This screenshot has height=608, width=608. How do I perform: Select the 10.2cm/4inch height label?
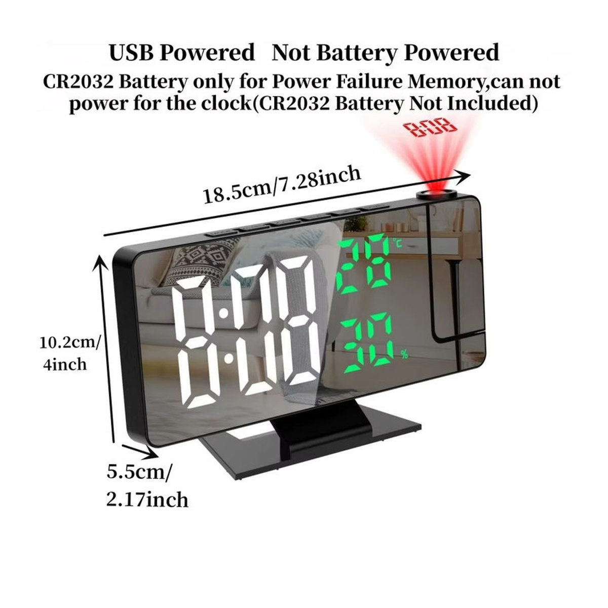tap(70, 354)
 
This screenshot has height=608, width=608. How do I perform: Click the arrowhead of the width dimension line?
tap(463, 178)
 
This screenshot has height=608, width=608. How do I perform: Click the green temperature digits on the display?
tap(363, 263)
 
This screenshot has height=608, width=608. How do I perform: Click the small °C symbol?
tap(398, 243)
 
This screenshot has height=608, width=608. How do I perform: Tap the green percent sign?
tap(404, 355)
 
